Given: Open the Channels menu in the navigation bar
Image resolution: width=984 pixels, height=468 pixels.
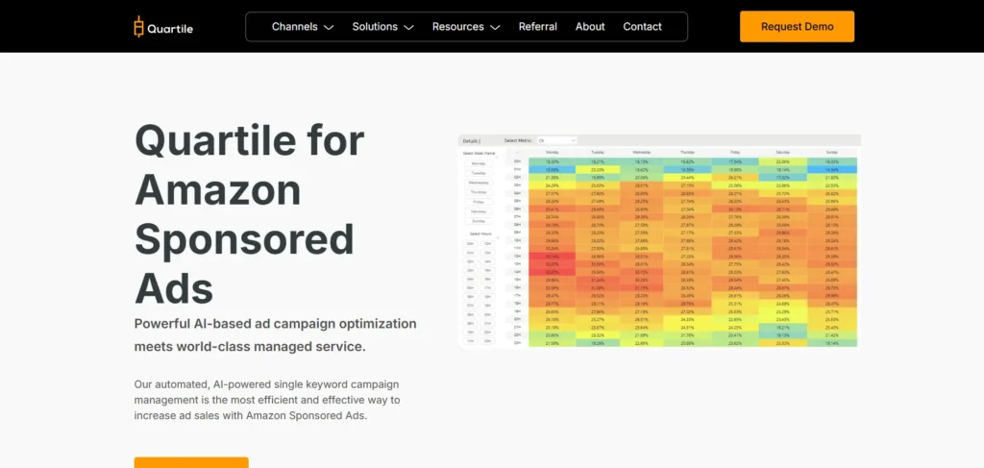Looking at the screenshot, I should point(303,27).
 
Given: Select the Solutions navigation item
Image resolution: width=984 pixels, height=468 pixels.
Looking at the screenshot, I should point(382,27).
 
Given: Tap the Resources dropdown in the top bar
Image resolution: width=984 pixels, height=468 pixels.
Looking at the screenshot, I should point(466,27).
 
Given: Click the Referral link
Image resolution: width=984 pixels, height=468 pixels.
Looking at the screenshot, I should point(538,27).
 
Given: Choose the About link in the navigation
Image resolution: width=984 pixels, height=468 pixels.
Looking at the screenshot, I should point(590,27).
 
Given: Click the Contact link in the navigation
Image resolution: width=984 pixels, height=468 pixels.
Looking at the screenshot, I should point(642,27).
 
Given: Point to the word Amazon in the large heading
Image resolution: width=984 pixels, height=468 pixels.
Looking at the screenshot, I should point(217,189).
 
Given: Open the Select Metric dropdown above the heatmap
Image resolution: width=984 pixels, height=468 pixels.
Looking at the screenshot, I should point(556,140).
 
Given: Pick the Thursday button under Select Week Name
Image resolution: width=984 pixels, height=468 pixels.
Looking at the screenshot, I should point(479,191).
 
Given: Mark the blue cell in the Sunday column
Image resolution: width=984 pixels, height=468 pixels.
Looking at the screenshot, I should point(831,170).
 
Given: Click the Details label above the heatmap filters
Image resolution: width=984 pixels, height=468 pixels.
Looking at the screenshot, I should point(472,140).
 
